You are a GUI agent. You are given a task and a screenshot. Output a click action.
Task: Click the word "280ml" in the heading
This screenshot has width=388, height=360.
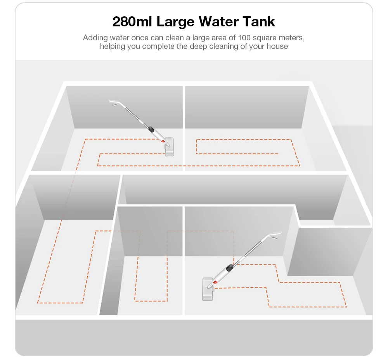click(x=132, y=22)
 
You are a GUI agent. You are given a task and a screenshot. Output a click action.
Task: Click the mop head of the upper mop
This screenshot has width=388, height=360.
click(x=169, y=147)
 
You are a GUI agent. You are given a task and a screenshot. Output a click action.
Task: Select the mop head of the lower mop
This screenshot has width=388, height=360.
click(x=208, y=289)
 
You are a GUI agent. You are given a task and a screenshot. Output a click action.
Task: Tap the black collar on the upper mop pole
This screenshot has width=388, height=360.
click(x=151, y=128)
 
